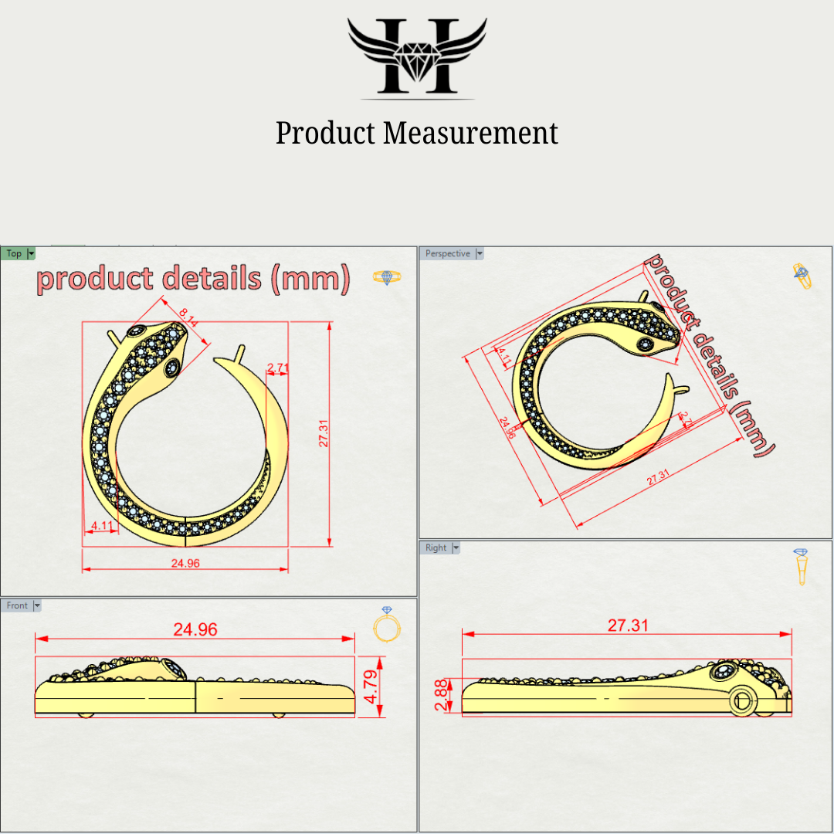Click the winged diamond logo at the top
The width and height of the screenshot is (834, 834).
417,56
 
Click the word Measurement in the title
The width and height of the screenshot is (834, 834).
470,133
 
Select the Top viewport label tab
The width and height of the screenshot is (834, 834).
15,253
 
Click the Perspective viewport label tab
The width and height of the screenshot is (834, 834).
447,253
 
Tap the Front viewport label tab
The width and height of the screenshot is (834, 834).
17,605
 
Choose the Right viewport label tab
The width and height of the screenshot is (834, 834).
436,548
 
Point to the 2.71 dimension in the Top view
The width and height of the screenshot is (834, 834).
278,367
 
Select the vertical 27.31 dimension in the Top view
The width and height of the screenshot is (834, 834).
324,433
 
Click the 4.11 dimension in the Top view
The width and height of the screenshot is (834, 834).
102,526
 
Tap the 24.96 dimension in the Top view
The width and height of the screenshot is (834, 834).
185,563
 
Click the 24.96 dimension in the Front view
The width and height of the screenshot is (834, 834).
195,629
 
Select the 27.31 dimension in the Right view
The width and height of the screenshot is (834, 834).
628,625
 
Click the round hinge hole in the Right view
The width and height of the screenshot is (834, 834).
744,701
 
